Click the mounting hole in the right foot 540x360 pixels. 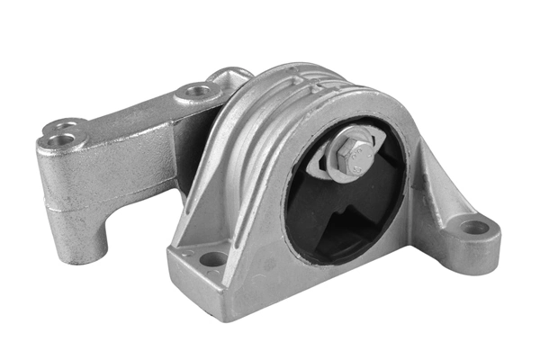pyautogui.click(x=474, y=227)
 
